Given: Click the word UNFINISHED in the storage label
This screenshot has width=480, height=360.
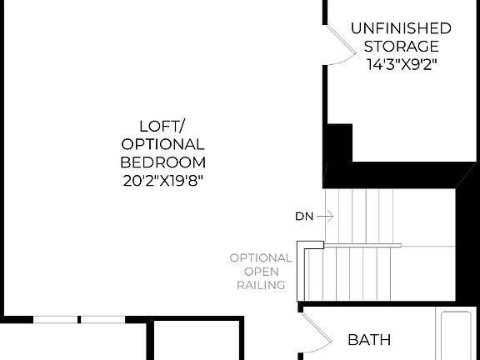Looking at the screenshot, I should (401, 28).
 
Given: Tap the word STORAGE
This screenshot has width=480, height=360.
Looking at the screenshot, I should (401, 47).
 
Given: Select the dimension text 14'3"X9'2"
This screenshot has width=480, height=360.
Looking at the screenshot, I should (401, 64).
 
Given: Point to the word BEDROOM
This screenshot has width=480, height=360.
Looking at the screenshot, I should (163, 162).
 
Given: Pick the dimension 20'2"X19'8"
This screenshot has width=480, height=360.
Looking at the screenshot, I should (163, 180).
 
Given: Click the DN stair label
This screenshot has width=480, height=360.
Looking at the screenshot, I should (303, 217).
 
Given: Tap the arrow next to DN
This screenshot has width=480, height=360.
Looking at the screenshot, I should (325, 217).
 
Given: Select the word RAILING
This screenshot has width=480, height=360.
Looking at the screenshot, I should (262, 285).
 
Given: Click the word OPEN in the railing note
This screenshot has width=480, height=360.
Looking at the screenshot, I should (262, 272).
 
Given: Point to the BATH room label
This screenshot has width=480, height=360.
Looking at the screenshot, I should (369, 340).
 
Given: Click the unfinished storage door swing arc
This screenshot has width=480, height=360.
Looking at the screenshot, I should (337, 47).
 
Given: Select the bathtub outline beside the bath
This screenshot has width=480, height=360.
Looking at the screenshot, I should (458, 337).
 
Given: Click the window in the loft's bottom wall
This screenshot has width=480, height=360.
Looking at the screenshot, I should (80, 319).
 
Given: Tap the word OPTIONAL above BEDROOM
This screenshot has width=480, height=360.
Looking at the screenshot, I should (163, 144).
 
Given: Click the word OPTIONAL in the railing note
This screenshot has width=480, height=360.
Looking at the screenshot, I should (262, 258).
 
